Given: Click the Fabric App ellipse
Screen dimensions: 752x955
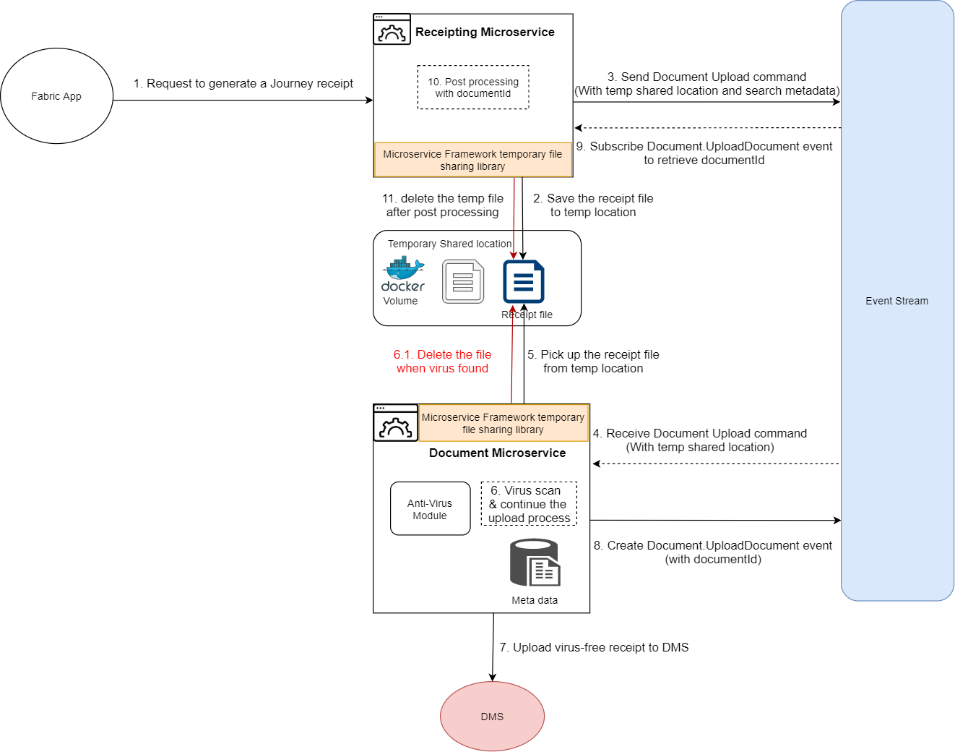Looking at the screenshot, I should pos(56,96).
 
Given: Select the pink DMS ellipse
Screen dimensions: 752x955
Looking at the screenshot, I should pos(492,717).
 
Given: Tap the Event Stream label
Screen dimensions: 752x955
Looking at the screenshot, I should pos(896,301).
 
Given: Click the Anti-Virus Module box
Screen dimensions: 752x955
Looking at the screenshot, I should pos(430,509).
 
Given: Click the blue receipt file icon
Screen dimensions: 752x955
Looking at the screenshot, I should pos(524,281).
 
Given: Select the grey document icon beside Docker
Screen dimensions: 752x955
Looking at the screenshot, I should pos(463,282).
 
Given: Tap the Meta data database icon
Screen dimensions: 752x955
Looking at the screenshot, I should pos(535,563).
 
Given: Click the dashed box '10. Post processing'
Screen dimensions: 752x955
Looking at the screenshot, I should pos(473,87).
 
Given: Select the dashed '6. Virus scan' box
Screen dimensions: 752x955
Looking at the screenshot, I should pos(529,504).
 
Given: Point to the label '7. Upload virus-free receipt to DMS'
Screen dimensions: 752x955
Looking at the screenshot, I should pos(594,647).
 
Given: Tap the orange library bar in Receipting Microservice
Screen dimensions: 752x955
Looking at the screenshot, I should pos(472,160).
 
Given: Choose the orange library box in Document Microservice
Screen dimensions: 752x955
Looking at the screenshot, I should pos(503,423).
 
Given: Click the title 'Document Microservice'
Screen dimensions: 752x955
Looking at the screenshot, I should pos(497,453).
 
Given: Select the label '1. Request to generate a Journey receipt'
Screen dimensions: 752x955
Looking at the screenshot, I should pos(243,83).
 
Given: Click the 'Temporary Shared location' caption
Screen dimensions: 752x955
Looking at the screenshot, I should pos(449,244).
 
